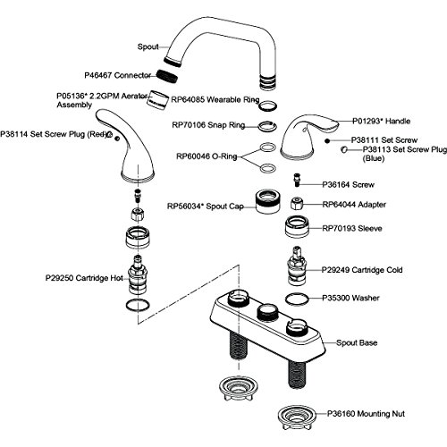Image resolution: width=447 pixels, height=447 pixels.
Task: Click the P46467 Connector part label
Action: [117, 75]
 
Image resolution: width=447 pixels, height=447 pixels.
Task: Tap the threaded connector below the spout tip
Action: [167, 76]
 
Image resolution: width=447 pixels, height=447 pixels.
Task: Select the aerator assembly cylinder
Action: [157, 100]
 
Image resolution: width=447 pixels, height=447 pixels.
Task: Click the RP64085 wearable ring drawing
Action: [267, 105]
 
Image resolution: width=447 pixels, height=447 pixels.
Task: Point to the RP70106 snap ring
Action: [267, 126]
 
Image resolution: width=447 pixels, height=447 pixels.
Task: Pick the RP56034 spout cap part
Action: [267, 201]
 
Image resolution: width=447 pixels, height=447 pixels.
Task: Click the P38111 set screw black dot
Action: [327, 140]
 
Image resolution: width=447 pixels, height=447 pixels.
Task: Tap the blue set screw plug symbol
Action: [343, 149]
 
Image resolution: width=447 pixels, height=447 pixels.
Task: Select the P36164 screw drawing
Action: [297, 180]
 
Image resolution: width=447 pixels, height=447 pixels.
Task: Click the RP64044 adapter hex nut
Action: [297, 204]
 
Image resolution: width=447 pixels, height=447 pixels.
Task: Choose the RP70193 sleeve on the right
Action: [297, 227]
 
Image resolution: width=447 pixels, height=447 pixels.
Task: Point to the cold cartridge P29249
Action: [297, 266]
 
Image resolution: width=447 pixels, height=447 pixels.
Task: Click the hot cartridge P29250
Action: [138, 274]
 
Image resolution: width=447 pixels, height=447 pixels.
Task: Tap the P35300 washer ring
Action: [297, 299]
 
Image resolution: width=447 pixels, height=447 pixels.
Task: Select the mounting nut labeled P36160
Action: [296, 417]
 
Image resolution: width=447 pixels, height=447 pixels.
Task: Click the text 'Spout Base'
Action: [357, 342]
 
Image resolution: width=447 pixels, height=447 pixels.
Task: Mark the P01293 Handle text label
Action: [382, 121]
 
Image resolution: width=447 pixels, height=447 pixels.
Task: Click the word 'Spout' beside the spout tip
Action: [148, 46]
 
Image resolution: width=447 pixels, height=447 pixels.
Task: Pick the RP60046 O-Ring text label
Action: [207, 156]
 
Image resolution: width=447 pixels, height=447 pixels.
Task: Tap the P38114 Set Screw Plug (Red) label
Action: [54, 134]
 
